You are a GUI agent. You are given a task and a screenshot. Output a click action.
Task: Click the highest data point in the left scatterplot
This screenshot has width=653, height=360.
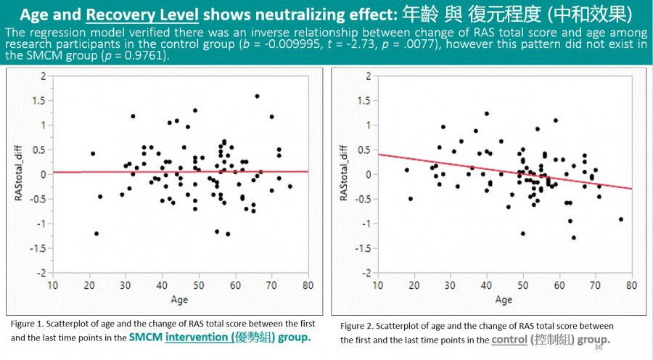(257, 96)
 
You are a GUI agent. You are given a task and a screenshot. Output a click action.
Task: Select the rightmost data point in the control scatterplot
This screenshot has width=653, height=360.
(621, 219)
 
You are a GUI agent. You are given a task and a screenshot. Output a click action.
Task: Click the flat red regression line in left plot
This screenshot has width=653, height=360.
(181, 172)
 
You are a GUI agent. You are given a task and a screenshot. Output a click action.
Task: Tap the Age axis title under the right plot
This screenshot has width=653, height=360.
(504, 299)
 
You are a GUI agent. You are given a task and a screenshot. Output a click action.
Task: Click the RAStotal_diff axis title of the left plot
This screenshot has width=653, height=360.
(20, 174)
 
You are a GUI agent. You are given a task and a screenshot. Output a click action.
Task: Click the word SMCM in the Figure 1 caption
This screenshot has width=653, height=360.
(146, 337)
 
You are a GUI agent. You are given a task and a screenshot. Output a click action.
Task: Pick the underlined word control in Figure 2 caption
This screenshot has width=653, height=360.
(510, 339)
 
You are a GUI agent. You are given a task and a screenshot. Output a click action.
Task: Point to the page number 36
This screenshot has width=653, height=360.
(598, 347)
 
